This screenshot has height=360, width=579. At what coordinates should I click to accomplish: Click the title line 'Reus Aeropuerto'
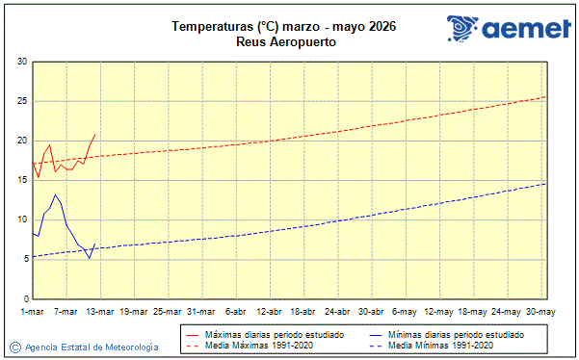coord(286,42)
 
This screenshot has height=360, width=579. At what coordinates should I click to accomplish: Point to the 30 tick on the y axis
coord(21,63)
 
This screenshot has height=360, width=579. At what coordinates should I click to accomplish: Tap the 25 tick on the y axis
coord(21,101)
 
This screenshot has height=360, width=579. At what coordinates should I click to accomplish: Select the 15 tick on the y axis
coord(21,180)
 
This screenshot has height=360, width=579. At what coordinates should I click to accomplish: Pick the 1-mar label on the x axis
coord(33,312)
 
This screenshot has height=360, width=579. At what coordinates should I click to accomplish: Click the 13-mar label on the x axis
coord(100,312)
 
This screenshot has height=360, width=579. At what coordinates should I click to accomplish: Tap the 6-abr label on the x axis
coord(236,312)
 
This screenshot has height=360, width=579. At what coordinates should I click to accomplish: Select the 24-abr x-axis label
coord(337,312)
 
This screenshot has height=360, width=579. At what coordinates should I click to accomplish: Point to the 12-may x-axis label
coord(439,312)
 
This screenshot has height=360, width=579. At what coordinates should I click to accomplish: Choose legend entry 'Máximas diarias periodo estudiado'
coord(259,334)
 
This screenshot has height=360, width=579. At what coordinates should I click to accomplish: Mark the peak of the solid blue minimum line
coord(56,194)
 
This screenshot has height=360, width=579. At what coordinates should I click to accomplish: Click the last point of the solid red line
coord(94,135)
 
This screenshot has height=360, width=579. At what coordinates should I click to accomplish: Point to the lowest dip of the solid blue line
coord(90,258)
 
